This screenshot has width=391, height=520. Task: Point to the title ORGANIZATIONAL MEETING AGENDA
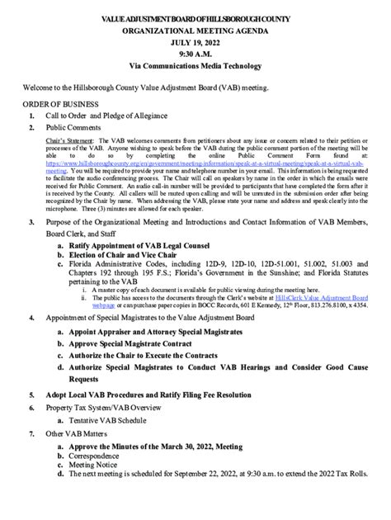tap(195, 27)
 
